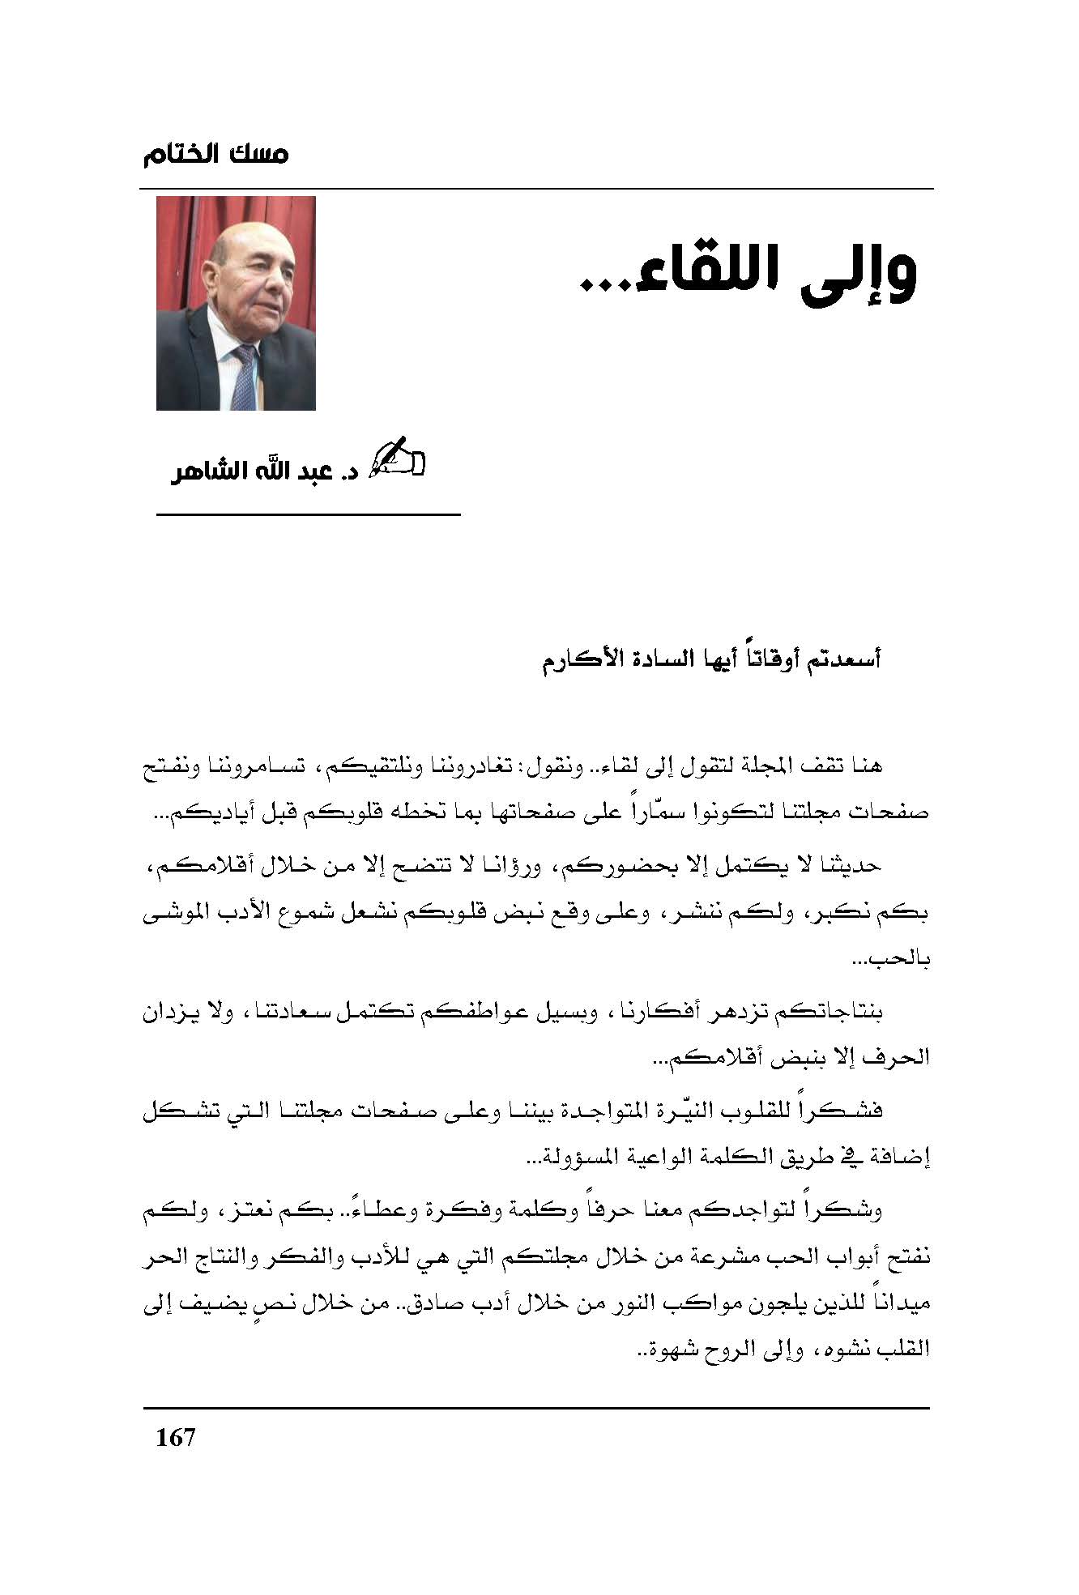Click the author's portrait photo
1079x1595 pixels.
pyautogui.click(x=236, y=303)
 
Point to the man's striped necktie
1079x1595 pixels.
pyautogui.click(x=243, y=377)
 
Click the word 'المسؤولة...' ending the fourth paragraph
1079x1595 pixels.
pyautogui.click(x=567, y=1159)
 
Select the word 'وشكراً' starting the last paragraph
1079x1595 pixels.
pyautogui.click(x=853, y=1211)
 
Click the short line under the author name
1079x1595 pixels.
pyautogui.click(x=308, y=514)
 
